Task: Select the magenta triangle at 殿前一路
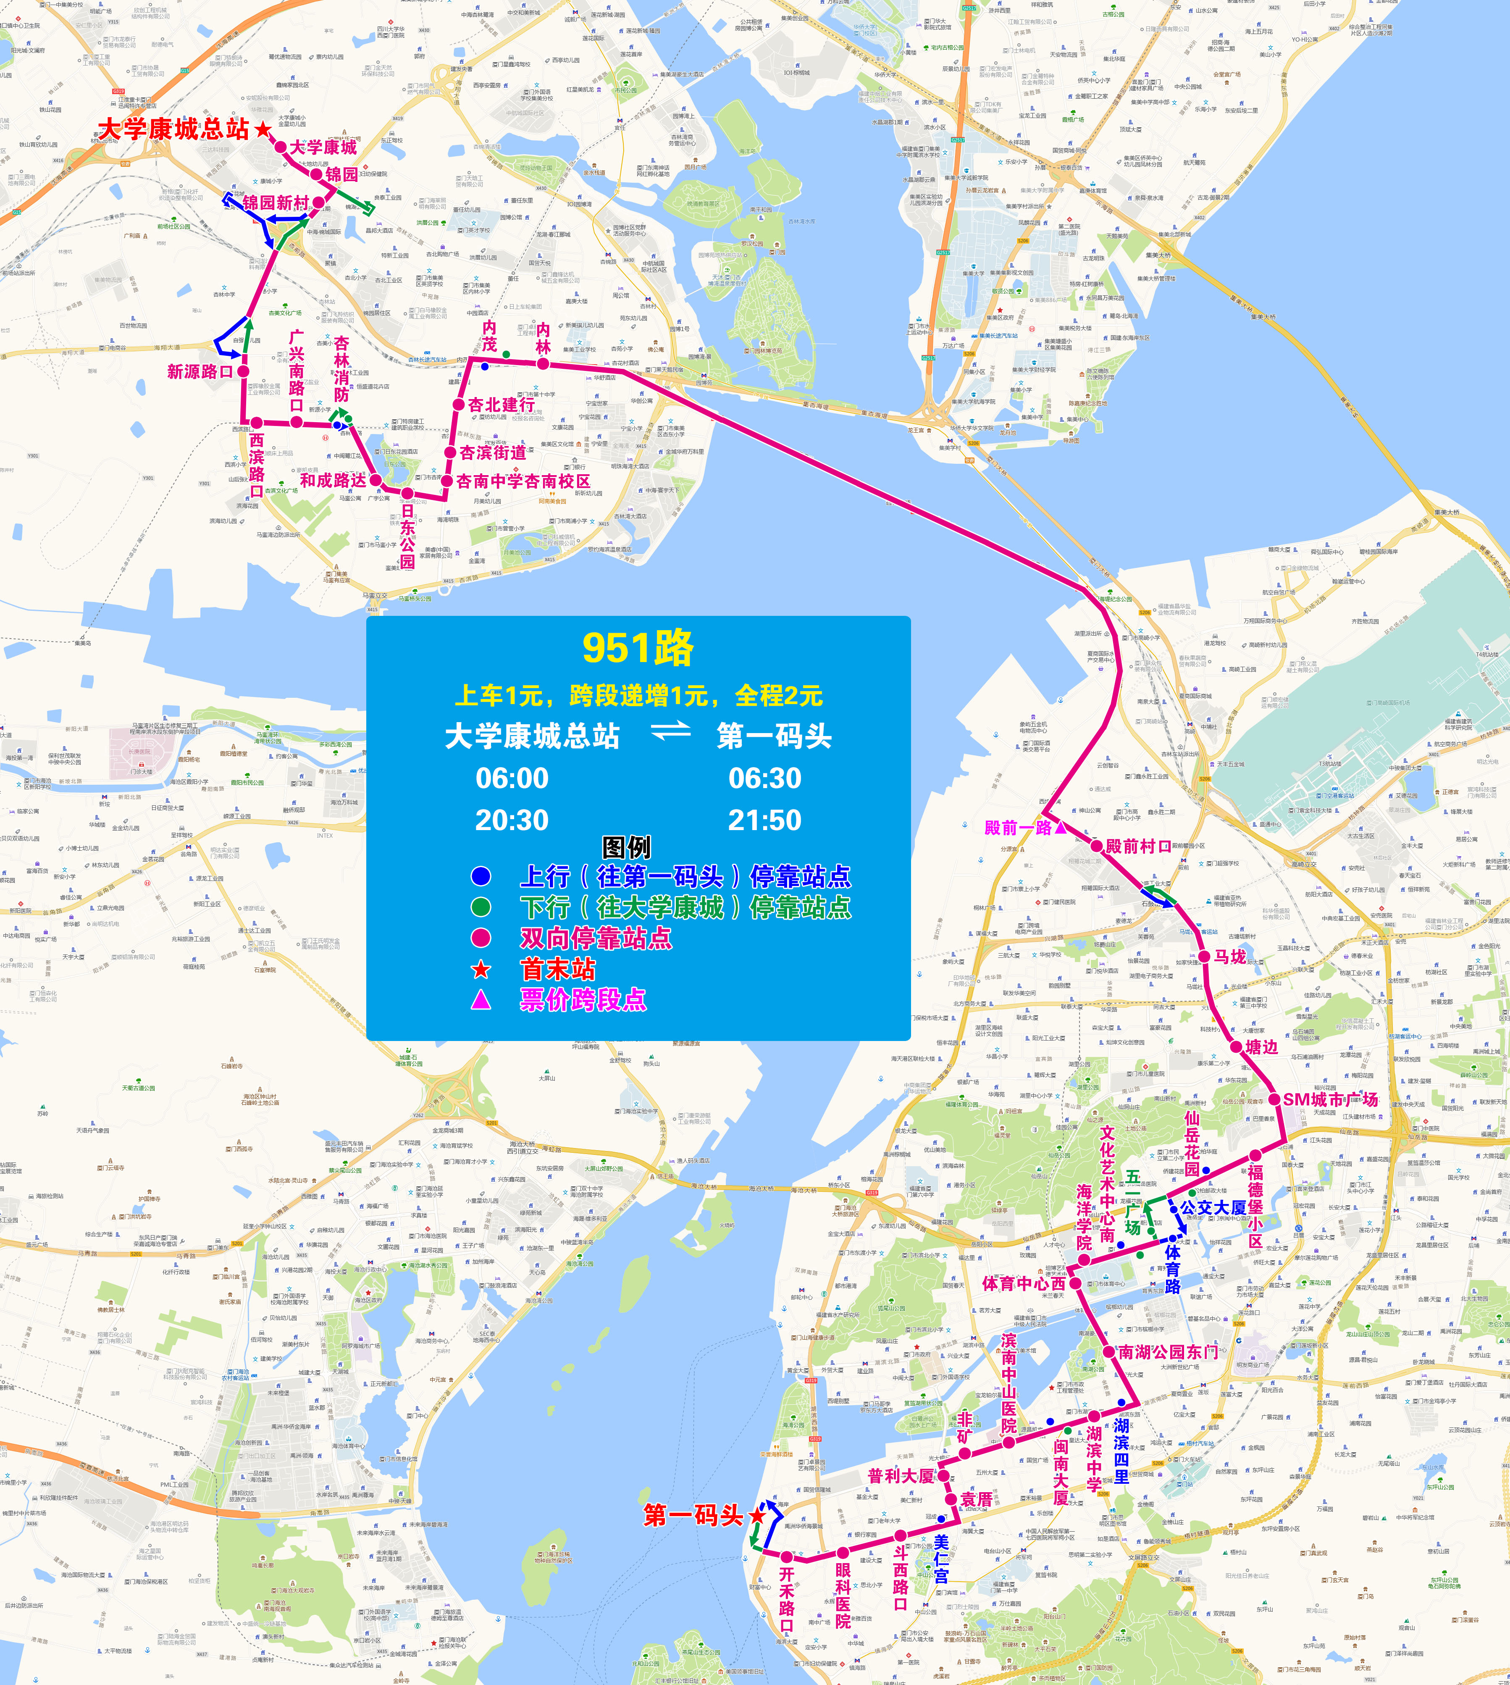point(1060,827)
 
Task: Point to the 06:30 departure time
point(764,778)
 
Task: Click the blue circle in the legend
point(481,876)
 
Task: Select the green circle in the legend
point(481,907)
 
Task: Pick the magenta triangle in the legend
point(481,1000)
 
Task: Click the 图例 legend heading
point(626,847)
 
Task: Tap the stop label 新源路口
point(200,372)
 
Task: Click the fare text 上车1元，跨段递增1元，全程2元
point(638,695)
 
